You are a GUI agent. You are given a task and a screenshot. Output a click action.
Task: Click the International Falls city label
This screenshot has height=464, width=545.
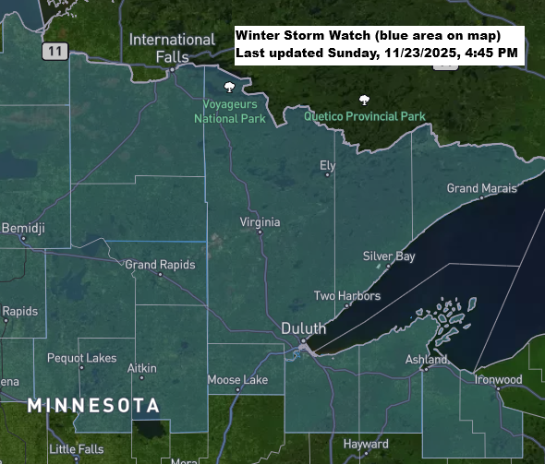click(172, 48)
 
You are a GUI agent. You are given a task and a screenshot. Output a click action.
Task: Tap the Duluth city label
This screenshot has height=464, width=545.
click(304, 329)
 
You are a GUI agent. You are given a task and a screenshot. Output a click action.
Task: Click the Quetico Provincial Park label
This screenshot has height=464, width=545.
click(365, 117)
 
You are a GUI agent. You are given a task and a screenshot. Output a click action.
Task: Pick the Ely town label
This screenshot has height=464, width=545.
click(327, 166)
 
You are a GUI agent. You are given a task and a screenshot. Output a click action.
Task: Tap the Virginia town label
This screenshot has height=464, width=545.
click(260, 222)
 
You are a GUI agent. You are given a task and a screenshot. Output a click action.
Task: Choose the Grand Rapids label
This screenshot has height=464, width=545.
click(161, 265)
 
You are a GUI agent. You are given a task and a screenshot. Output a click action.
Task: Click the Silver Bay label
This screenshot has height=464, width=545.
click(389, 256)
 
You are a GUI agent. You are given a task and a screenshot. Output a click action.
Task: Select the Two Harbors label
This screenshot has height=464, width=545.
click(347, 296)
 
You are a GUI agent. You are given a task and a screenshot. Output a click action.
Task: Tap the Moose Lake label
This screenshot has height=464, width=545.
click(237, 379)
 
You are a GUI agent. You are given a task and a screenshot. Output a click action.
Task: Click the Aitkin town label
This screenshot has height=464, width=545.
click(141, 368)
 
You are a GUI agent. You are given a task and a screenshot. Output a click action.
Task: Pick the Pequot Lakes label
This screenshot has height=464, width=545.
click(81, 358)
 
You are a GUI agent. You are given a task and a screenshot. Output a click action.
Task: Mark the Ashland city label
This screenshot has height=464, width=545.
click(427, 360)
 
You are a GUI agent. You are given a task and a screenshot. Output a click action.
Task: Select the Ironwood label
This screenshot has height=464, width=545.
click(498, 379)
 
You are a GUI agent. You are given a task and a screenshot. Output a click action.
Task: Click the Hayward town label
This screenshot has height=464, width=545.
click(366, 444)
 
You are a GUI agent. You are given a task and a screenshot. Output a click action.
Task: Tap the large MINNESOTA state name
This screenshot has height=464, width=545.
click(93, 405)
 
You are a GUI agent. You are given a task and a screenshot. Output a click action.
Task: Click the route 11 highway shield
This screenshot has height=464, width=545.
click(56, 52)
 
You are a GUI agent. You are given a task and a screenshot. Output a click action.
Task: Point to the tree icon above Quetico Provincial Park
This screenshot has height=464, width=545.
click(365, 100)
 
